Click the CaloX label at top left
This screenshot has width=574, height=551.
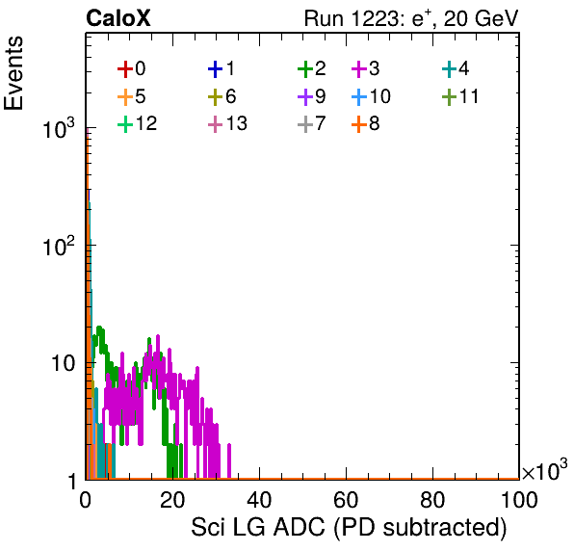pos(118,18)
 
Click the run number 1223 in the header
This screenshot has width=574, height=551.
pos(374,18)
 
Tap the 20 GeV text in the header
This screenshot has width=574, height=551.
pos(481,18)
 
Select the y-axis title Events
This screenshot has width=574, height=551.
pos(13,73)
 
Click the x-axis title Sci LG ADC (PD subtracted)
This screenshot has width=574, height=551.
pos(349,527)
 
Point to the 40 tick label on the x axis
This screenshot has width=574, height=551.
pos(259,499)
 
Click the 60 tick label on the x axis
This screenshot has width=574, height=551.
pos(346,499)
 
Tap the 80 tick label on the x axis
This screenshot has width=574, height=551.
pos(432,499)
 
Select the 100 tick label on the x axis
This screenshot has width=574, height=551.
pos(519,499)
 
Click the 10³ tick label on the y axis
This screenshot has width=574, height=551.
pos(59,128)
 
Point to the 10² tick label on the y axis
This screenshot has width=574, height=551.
pos(59,246)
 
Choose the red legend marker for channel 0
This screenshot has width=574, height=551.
pos(125,68)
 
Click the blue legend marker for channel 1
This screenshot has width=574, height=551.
pos(216,68)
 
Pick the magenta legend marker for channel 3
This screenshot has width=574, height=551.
pos(359,68)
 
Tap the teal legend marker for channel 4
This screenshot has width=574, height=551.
pos(449,68)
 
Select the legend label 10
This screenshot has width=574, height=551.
pos(380,96)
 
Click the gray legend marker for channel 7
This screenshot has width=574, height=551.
pos(305,124)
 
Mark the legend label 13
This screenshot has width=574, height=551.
pos(237,123)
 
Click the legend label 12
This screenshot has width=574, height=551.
pos(146,123)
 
